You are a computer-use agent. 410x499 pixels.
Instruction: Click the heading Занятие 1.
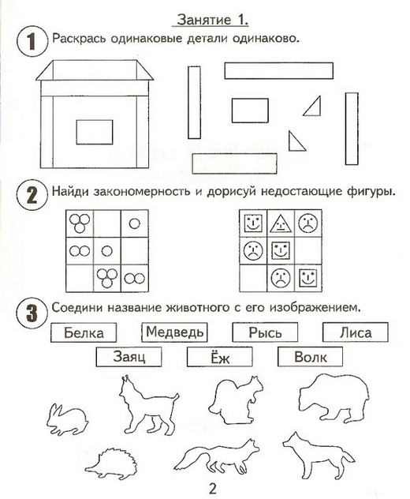click(212, 20)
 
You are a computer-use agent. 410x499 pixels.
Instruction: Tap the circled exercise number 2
click(32, 195)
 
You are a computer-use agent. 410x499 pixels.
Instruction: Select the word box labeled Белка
click(84, 332)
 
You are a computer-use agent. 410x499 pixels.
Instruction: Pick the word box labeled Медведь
click(174, 332)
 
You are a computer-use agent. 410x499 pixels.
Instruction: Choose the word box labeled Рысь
click(265, 332)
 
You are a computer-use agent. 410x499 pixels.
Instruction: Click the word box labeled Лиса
click(356, 332)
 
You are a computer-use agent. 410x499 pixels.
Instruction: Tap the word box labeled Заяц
click(129, 357)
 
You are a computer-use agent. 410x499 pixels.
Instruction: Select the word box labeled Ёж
click(220, 357)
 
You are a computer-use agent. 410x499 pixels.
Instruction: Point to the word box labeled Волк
click(310, 357)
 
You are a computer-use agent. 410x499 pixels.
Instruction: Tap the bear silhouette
click(334, 399)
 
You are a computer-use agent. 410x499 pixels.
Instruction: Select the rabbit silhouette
click(67, 419)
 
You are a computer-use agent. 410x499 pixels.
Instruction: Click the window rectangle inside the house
click(95, 132)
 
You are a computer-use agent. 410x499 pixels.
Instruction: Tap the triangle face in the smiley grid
click(281, 223)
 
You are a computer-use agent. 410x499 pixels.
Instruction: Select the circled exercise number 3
click(32, 313)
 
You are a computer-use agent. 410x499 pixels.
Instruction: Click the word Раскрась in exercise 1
click(79, 39)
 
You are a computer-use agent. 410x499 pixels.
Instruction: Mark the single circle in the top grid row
click(135, 223)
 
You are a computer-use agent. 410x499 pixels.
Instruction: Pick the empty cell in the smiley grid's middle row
click(308, 251)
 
